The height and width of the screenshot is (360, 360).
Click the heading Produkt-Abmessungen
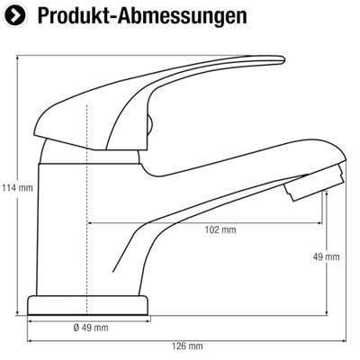(142, 15)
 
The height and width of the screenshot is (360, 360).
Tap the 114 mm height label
(17, 188)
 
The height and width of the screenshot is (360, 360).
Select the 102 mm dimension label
(220, 230)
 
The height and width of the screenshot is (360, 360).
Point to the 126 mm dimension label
(187, 346)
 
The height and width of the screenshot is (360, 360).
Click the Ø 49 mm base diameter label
(91, 328)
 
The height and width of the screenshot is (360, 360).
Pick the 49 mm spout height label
(327, 256)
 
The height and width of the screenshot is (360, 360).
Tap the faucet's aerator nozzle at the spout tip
(314, 183)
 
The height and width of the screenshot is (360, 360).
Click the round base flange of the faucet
(87, 305)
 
